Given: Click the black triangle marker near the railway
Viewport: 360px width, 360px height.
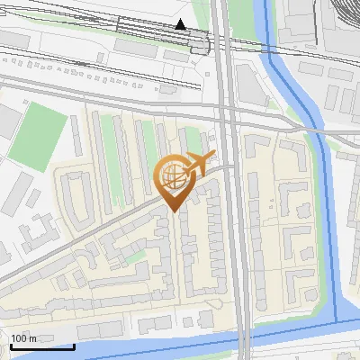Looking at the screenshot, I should pos(181,24).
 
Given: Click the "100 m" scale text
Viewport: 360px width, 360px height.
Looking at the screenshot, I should pos(23,338).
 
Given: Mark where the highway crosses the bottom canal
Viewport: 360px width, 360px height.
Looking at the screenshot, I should pos(244,337).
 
